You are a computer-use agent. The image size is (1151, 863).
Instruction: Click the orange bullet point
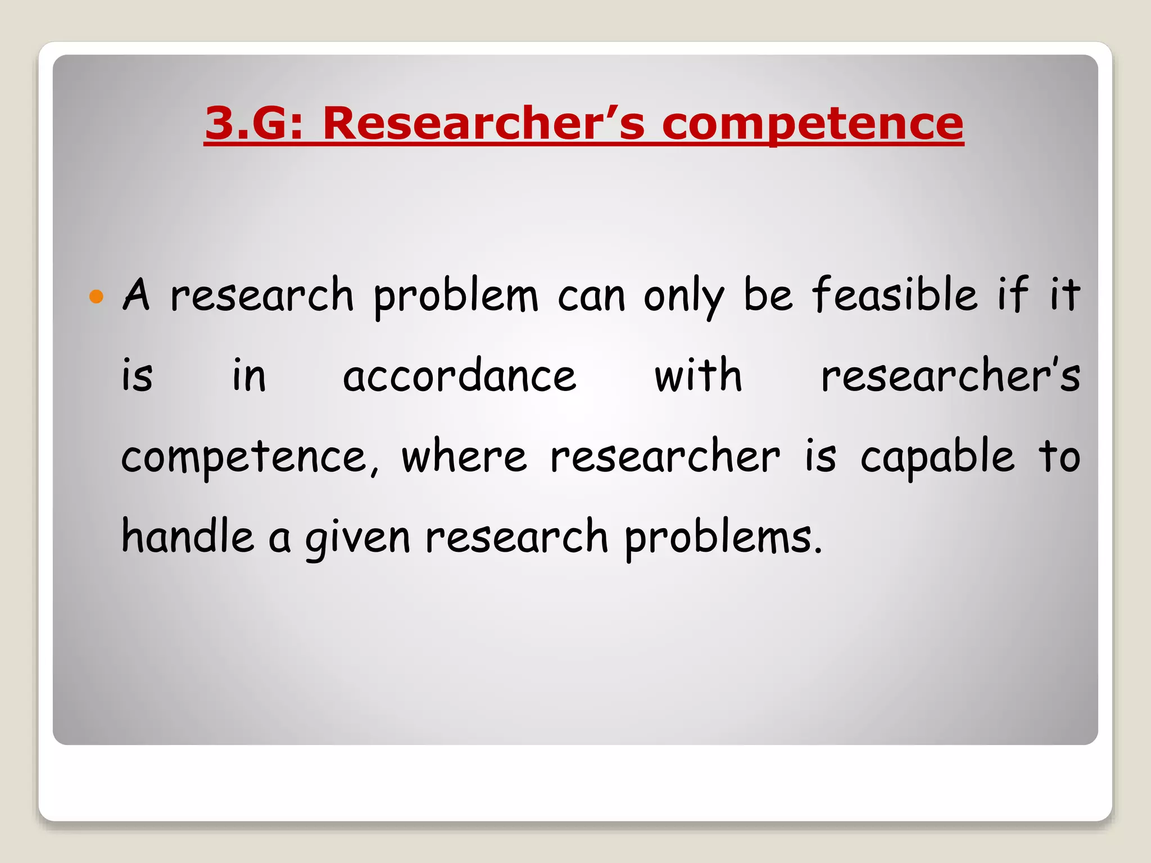tap(97, 296)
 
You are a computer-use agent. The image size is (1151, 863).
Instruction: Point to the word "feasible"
tap(895, 294)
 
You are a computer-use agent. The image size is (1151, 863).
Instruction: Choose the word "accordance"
tap(459, 375)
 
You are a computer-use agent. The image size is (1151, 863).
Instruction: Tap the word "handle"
tap(188, 536)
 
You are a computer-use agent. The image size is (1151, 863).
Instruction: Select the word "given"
tap(357, 538)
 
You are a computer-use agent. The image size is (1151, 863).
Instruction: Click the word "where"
tap(464, 456)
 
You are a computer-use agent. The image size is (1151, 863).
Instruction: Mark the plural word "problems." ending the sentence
tap(723, 538)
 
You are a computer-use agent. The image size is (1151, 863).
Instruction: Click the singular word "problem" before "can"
tap(456, 296)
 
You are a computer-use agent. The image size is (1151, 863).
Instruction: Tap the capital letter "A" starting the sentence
tap(136, 294)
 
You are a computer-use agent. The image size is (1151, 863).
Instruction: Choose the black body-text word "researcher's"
tap(950, 375)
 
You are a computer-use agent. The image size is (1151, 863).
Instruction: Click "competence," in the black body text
tap(250, 458)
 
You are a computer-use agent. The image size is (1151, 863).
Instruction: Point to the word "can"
tap(591, 296)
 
